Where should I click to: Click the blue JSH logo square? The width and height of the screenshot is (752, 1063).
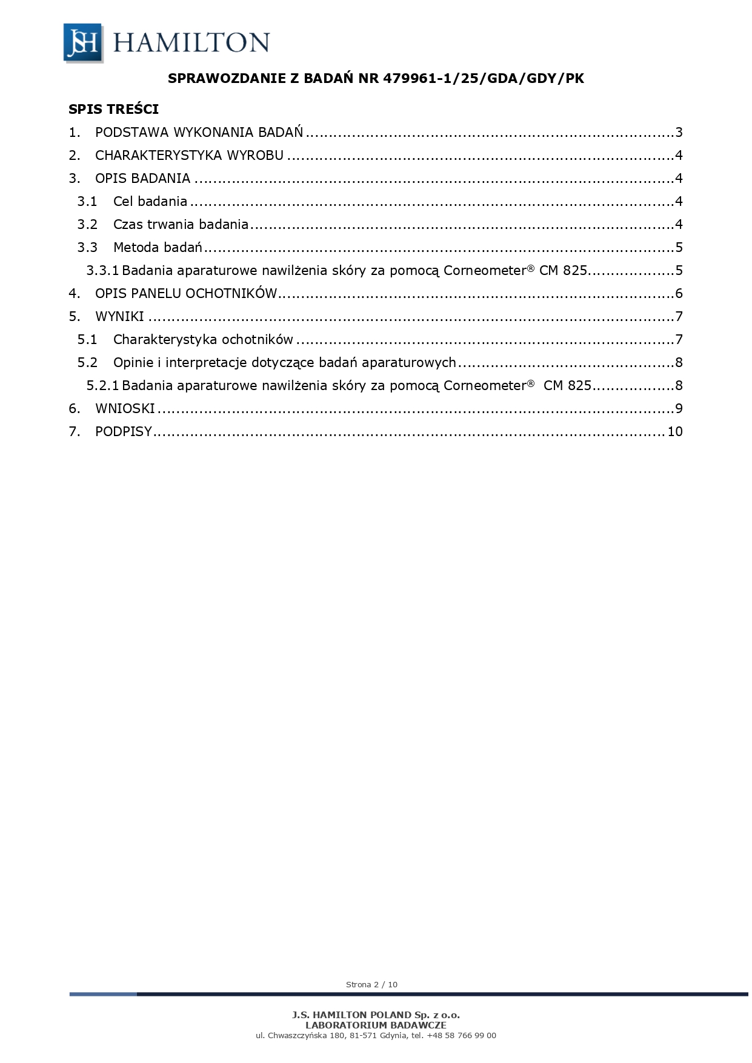coord(82,42)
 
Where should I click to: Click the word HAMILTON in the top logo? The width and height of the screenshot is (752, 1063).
coord(191,43)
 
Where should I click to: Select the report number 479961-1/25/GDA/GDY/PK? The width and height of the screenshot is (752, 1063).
coord(483,78)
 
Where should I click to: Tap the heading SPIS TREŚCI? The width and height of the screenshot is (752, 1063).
coord(113,109)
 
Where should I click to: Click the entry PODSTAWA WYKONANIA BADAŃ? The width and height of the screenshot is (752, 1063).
coord(199,133)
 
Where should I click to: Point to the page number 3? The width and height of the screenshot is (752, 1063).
coord(679,133)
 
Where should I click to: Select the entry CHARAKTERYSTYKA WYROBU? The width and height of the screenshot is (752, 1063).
coord(189,156)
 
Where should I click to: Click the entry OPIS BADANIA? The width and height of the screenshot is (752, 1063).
coord(142,179)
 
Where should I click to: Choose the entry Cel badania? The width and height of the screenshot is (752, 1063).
coord(150,202)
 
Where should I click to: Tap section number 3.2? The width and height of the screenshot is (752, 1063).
coord(87,225)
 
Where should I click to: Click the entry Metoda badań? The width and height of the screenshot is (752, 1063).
coord(157,248)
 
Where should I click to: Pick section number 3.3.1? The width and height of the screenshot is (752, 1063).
coord(102,271)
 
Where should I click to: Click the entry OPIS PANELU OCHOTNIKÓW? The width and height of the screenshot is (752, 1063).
coord(185,294)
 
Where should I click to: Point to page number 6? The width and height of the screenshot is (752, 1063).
coord(679,294)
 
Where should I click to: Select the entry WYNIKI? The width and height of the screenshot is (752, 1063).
coord(119,317)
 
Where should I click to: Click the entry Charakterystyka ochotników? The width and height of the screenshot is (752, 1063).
coord(203,340)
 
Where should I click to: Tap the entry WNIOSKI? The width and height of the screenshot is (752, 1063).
coord(125,409)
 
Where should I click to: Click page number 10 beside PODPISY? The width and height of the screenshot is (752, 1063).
coord(674,432)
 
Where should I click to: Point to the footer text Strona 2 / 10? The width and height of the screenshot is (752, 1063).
coord(371,984)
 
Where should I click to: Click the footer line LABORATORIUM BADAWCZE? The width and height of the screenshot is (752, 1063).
coord(376,1025)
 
